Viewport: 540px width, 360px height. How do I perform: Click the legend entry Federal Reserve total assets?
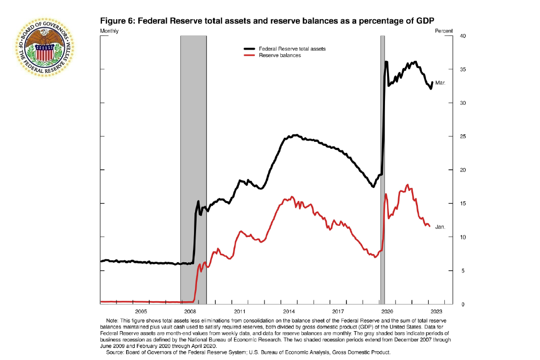[x=292, y=49]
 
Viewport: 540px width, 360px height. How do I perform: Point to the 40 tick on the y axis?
[x=448, y=36]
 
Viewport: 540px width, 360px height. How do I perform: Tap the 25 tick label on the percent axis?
[x=448, y=136]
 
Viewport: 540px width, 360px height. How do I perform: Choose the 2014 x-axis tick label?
[x=289, y=311]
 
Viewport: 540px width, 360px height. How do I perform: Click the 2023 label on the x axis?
[x=437, y=311]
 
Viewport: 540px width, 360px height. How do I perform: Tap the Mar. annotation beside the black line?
[x=440, y=83]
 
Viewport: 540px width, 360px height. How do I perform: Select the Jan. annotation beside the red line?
[x=440, y=227]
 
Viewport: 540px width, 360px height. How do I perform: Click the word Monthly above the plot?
[x=110, y=31]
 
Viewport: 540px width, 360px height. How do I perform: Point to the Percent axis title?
[x=444, y=31]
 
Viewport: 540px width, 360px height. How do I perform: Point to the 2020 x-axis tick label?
[x=388, y=311]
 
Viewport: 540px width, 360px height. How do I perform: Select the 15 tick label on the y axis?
[x=448, y=204]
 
